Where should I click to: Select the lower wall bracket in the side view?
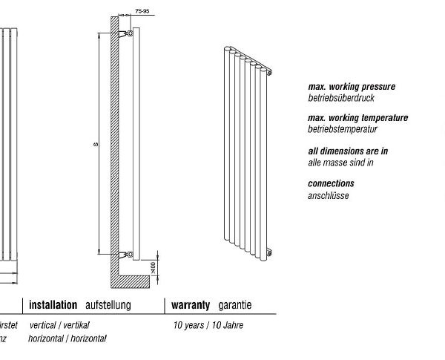click(x=128, y=255)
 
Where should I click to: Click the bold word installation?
click(x=53, y=305)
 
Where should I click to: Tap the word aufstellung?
click(x=108, y=305)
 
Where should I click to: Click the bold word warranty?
click(x=192, y=305)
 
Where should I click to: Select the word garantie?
click(x=234, y=305)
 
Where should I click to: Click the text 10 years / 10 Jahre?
click(x=208, y=325)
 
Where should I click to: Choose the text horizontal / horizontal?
click(x=67, y=338)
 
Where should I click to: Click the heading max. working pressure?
click(x=352, y=87)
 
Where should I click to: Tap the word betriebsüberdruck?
click(x=341, y=98)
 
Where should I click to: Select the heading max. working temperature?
click(x=357, y=118)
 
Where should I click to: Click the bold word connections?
click(x=331, y=183)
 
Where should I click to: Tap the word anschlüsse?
click(x=328, y=195)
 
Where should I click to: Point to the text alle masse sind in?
click(x=340, y=162)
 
